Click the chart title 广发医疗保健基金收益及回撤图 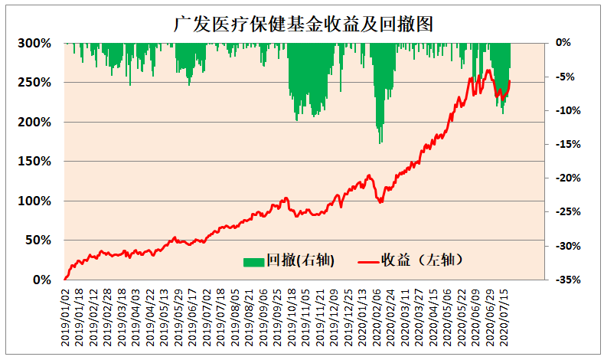point(303,25)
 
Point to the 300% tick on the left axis point(34,43)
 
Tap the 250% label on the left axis point(34,83)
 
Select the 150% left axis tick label point(34,162)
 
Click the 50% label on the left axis point(38,241)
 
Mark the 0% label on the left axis point(42,280)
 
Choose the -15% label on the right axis point(568,145)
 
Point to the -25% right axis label point(568,212)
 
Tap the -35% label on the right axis point(568,280)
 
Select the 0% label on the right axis point(563,43)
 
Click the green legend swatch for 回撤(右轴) point(253,262)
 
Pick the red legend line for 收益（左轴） point(368,262)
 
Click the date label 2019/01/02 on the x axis point(65,318)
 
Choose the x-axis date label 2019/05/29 point(178,318)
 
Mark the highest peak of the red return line point(488,70)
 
